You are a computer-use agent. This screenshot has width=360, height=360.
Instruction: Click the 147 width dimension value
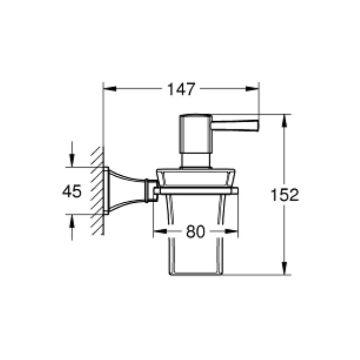[181, 89]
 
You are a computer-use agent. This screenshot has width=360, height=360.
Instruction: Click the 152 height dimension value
[284, 195]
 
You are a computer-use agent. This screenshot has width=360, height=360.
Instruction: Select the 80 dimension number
[195, 232]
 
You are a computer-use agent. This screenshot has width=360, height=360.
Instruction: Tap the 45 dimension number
[72, 191]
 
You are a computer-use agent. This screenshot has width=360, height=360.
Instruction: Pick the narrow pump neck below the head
[195, 160]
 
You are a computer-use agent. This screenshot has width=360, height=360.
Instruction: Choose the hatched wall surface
[97, 191]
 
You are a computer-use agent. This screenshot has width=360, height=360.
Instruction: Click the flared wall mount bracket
[124, 191]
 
